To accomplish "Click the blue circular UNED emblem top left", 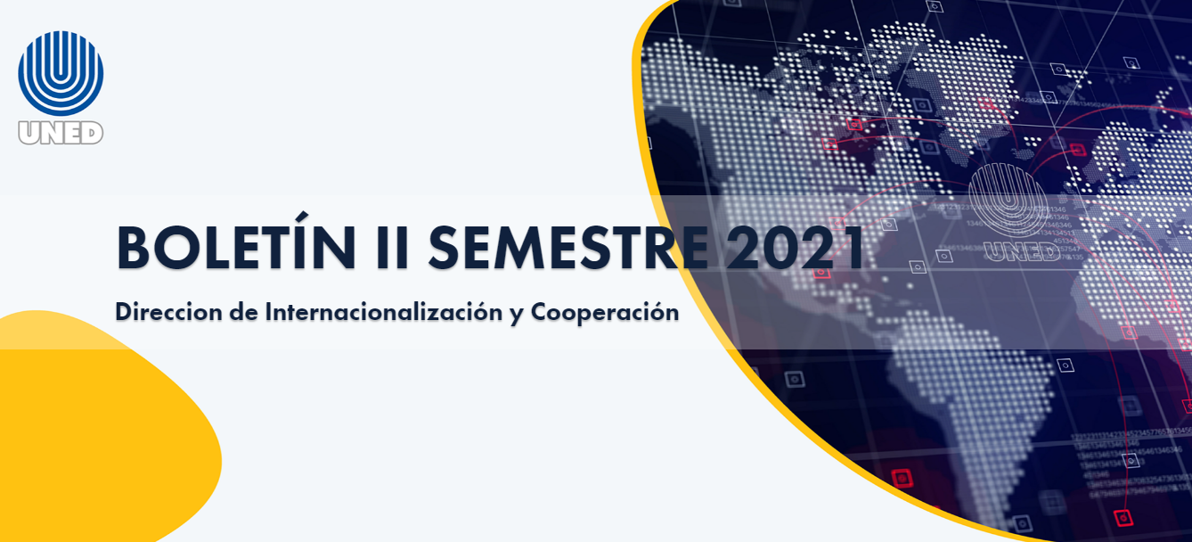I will tap(61, 73).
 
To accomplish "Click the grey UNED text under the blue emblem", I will tap(61, 132).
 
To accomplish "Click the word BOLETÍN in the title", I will tap(236, 248).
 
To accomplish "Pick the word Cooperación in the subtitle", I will tap(605, 312).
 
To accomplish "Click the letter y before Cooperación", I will tap(517, 314).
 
